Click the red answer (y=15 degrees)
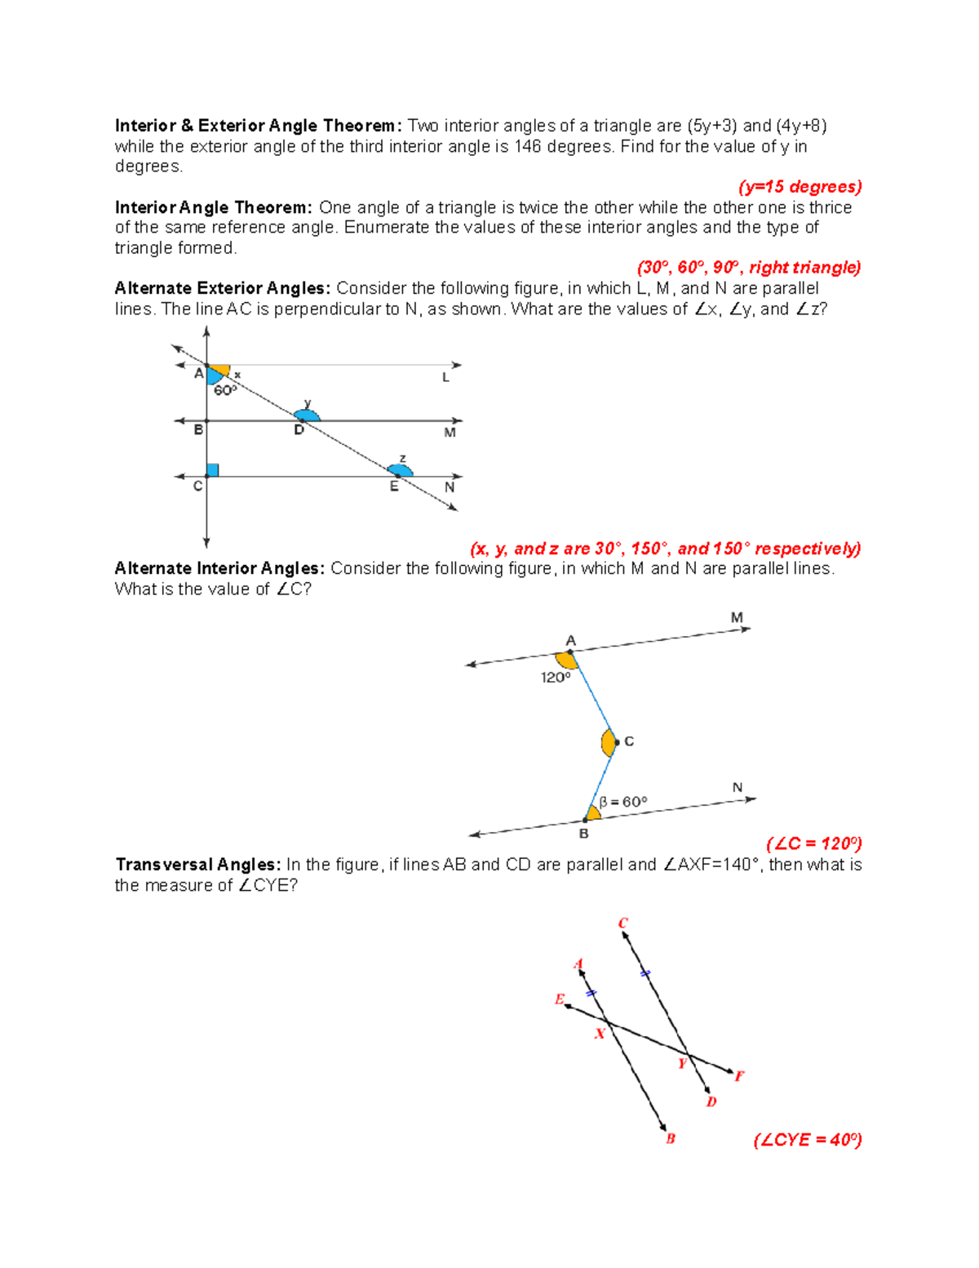tap(800, 187)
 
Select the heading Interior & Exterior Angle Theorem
tap(258, 126)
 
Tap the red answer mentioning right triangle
tap(748, 268)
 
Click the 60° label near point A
tap(225, 391)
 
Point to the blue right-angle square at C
tap(212, 470)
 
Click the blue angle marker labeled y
tap(308, 415)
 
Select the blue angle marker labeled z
tap(401, 470)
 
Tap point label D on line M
tap(299, 430)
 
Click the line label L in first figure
tap(445, 377)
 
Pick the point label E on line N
tap(394, 487)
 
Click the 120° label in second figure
tap(555, 678)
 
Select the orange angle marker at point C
tap(608, 743)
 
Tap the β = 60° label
tap(623, 802)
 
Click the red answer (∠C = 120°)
tap(813, 843)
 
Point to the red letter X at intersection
tap(600, 1034)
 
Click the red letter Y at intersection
tap(682, 1064)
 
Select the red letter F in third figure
tap(739, 1076)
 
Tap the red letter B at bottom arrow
tap(670, 1139)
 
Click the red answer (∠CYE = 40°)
tap(807, 1140)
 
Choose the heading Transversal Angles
tap(198, 865)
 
